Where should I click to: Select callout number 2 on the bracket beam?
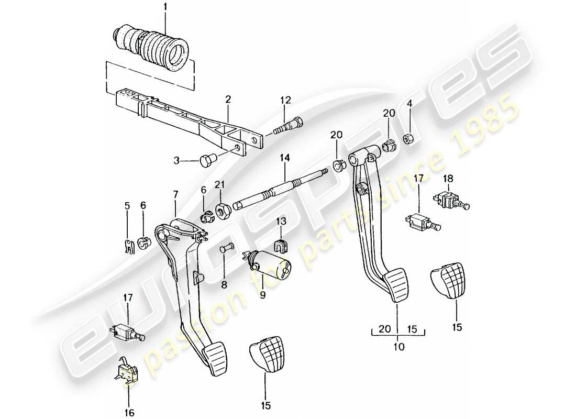click(x=228, y=98)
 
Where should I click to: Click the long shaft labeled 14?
click(x=283, y=189)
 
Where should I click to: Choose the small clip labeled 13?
click(x=282, y=245)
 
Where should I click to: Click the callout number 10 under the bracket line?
click(x=397, y=346)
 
